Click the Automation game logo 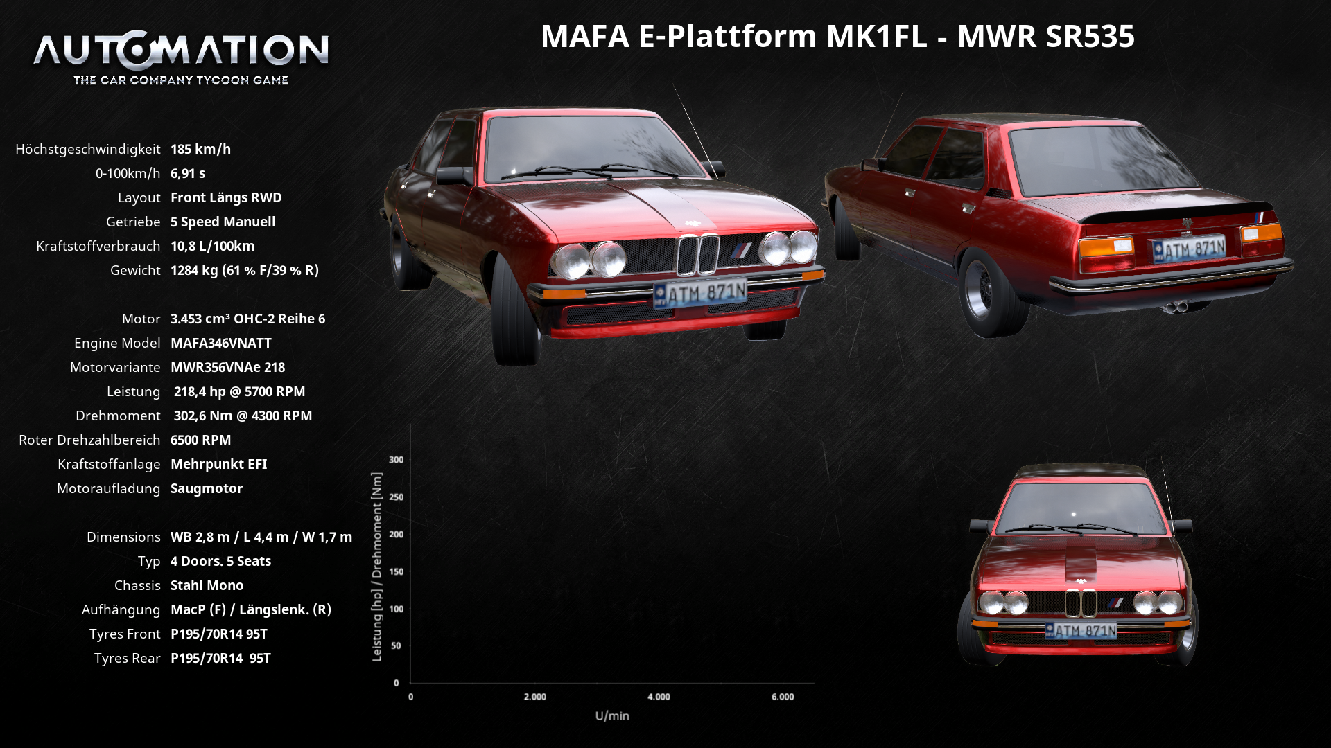(181, 58)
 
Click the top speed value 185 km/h (200, 149)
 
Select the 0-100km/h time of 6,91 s (188, 173)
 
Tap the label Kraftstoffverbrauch (98, 246)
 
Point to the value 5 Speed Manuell (223, 222)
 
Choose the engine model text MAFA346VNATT (221, 343)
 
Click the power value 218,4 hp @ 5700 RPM (239, 391)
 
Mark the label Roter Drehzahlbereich (89, 440)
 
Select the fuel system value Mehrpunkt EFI (218, 464)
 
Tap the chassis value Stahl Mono (207, 585)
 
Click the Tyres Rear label (127, 658)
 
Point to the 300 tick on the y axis (396, 460)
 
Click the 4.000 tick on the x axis (659, 697)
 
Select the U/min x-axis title (612, 715)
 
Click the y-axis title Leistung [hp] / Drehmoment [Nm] (376, 567)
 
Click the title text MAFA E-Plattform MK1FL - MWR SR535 (837, 36)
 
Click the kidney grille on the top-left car (697, 254)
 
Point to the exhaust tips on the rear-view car (1174, 307)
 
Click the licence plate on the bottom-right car (1081, 631)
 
